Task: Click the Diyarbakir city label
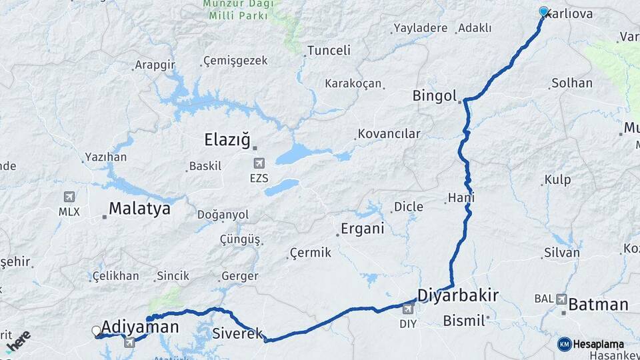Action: point(458,295)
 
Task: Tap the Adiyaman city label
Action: point(140,327)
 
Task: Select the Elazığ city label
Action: point(227,140)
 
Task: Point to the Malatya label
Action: point(139,209)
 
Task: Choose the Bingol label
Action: point(435,95)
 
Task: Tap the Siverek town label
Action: point(238,333)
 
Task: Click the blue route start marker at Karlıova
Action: point(543,11)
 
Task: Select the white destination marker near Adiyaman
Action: point(96,331)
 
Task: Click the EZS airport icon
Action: point(259,163)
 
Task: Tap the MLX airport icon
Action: point(69,197)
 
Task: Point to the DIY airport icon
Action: point(408,309)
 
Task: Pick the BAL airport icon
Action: point(561,299)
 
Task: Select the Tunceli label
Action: point(329,51)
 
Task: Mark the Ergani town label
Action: point(362,229)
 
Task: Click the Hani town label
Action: point(461,198)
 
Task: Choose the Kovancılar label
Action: point(389,134)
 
